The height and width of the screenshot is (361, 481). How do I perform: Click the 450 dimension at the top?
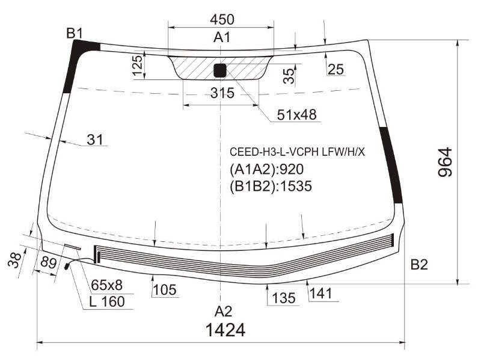pyautogui.click(x=222, y=19)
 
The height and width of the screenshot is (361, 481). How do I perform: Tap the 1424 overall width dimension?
pyautogui.click(x=225, y=330)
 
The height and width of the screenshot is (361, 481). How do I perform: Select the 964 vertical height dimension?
pyautogui.click(x=445, y=162)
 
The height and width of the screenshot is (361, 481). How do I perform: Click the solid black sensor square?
pyautogui.click(x=219, y=70)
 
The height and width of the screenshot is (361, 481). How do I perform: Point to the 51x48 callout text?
pyautogui.click(x=296, y=115)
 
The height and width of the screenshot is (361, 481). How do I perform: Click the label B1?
pyautogui.click(x=75, y=33)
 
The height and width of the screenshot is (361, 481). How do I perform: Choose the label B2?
pyautogui.click(x=419, y=264)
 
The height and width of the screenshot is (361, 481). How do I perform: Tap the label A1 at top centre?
pyautogui.click(x=222, y=37)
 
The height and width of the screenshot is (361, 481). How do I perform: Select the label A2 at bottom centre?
pyautogui.click(x=223, y=312)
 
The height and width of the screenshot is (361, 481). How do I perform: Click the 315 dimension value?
pyautogui.click(x=222, y=93)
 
